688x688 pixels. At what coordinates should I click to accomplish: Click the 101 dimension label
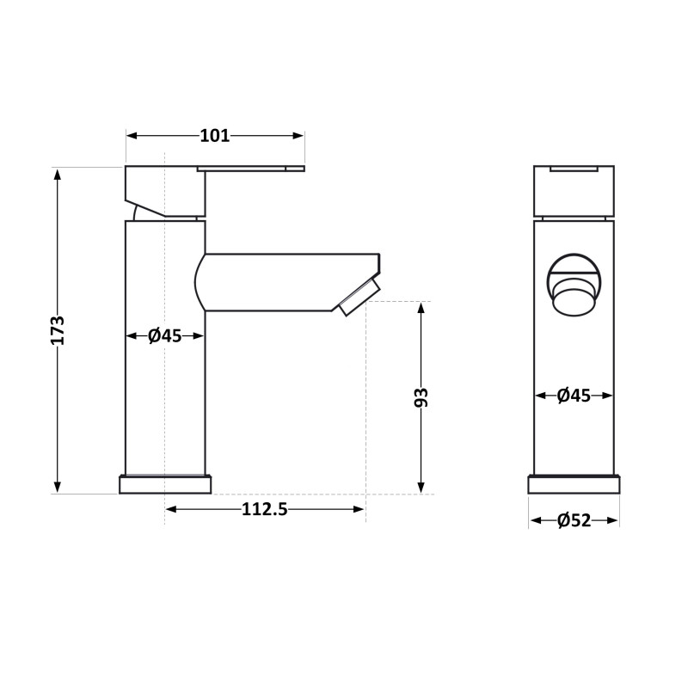pos(215,135)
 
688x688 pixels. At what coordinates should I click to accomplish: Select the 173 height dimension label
pos(58,330)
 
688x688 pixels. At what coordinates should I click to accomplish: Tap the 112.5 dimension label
pos(264,509)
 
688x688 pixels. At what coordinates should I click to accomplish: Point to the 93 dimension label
pos(421,397)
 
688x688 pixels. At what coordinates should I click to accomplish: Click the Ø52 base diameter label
pos(574,520)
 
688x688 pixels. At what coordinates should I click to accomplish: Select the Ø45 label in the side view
pos(164,335)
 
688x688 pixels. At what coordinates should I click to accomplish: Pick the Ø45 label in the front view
pos(574,396)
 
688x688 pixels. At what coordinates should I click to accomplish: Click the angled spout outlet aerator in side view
pos(359,296)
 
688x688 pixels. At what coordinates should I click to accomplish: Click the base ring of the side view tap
pos(165,485)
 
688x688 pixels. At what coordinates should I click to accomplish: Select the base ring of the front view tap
pos(574,485)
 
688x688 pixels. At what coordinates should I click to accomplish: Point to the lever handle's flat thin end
pos(258,169)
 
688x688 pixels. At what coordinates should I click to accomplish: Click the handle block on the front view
pos(574,191)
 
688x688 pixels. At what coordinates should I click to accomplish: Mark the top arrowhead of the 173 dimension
pos(58,173)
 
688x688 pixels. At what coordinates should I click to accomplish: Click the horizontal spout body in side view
pos(275,282)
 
